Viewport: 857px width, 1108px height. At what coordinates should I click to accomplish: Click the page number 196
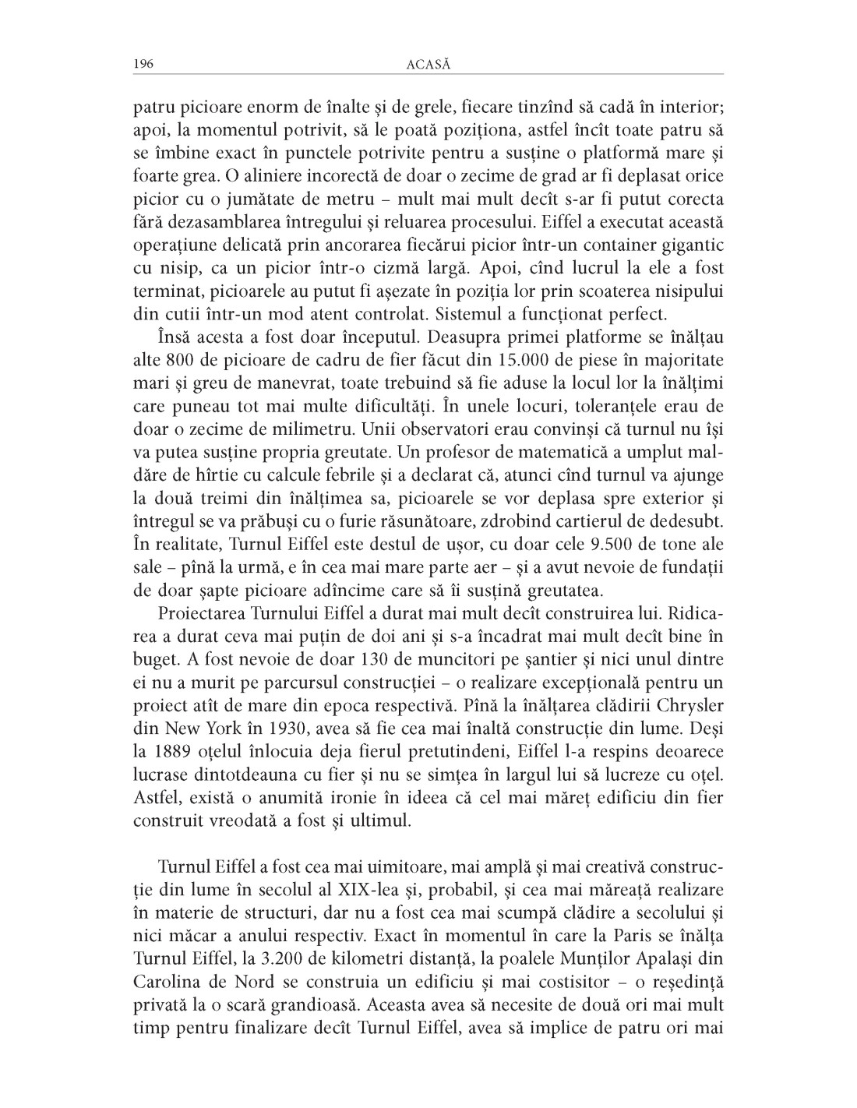(x=143, y=65)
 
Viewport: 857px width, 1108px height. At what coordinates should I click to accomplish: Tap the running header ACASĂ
(x=428, y=65)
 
